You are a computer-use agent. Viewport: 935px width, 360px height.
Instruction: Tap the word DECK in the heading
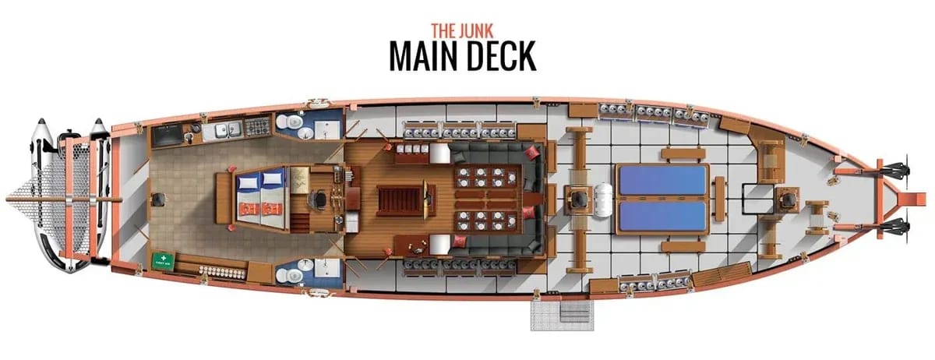click(496, 56)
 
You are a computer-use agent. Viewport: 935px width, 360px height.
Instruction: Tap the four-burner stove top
click(256, 125)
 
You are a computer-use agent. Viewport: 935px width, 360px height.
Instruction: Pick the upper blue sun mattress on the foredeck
click(663, 180)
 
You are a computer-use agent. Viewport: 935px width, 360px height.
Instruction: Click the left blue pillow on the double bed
click(247, 182)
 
